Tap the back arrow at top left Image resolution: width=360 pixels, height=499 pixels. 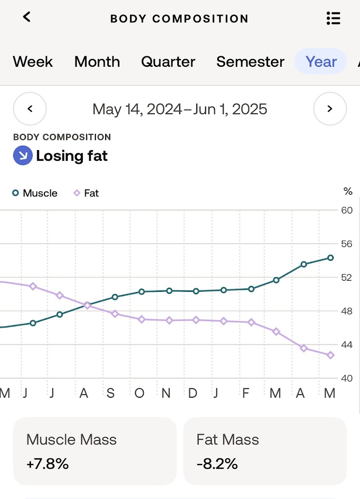coord(27,17)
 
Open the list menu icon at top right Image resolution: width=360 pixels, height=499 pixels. coord(333,19)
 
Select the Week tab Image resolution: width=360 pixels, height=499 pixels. coord(33,62)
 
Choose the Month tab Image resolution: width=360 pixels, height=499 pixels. coord(97,62)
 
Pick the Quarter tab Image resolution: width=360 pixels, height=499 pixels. coord(168,62)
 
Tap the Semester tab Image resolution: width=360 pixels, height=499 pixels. coord(250,62)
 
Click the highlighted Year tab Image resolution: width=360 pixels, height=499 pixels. coord(321,62)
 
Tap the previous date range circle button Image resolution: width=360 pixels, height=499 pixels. coord(30,109)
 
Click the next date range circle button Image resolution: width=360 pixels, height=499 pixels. coord(330,109)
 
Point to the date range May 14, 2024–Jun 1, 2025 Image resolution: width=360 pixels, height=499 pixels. coord(180,109)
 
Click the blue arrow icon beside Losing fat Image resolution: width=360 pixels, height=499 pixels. coord(22,156)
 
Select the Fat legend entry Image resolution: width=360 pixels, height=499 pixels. coord(86,193)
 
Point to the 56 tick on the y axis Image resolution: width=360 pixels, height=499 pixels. coord(346,244)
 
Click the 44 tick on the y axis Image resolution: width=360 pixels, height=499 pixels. coord(346,345)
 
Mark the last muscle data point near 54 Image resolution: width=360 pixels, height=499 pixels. coord(330,258)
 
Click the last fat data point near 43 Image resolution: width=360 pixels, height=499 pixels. coord(330,355)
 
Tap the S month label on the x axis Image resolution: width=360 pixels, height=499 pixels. coord(111,393)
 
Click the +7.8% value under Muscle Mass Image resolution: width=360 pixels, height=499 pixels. coord(48,463)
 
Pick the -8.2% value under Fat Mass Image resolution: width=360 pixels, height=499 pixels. coord(217,463)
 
